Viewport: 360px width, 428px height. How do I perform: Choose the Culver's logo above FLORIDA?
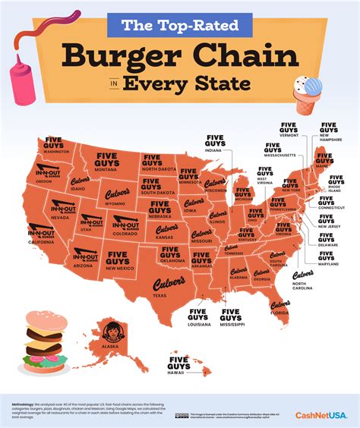tap(280, 304)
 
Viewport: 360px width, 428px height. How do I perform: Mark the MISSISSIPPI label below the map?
tap(233, 324)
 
